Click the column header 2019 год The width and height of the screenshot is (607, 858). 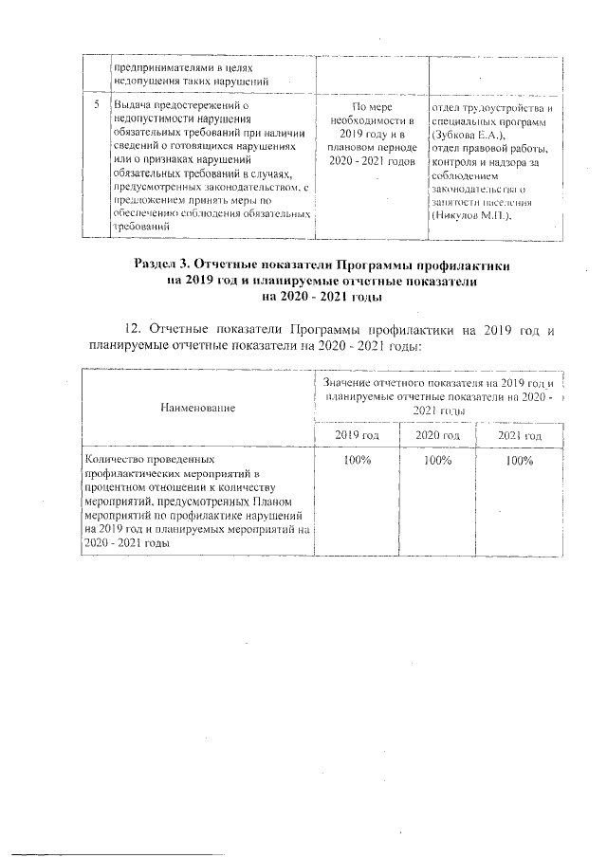tap(357, 435)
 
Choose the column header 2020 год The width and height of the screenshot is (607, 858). tap(437, 435)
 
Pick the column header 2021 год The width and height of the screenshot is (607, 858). tap(519, 435)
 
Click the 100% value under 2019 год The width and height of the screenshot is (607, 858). tap(357, 461)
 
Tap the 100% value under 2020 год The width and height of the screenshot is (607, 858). tap(437, 461)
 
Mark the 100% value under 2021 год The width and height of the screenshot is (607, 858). tap(520, 461)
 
